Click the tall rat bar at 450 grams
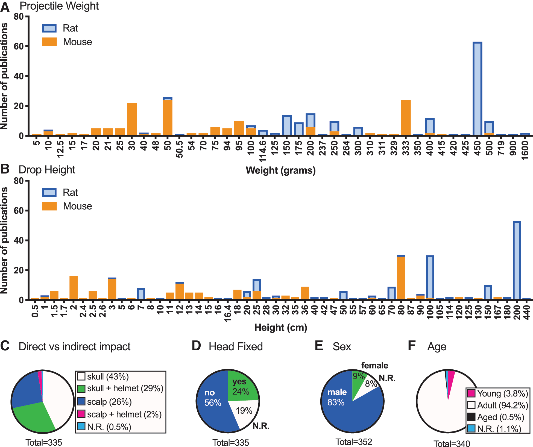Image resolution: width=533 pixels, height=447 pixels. click(477, 89)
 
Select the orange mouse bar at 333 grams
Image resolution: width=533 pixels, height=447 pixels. click(406, 118)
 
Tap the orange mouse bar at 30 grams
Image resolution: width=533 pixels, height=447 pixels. click(132, 119)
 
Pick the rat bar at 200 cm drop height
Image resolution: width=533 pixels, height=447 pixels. click(517, 261)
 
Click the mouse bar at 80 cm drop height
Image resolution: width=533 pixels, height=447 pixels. click(401, 278)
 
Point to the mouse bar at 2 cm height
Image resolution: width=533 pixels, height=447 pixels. click(74, 288)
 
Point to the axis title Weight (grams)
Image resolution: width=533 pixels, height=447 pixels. click(281, 170)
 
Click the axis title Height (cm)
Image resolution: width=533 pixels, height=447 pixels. click(281, 327)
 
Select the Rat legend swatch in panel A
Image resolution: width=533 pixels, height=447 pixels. click(49, 28)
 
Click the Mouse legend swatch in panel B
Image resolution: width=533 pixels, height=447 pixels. click(49, 206)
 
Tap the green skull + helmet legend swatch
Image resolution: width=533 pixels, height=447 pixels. click(81, 389)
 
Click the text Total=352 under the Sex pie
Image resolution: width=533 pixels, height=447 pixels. click(354, 442)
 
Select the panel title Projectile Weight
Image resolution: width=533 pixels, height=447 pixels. click(59, 6)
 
